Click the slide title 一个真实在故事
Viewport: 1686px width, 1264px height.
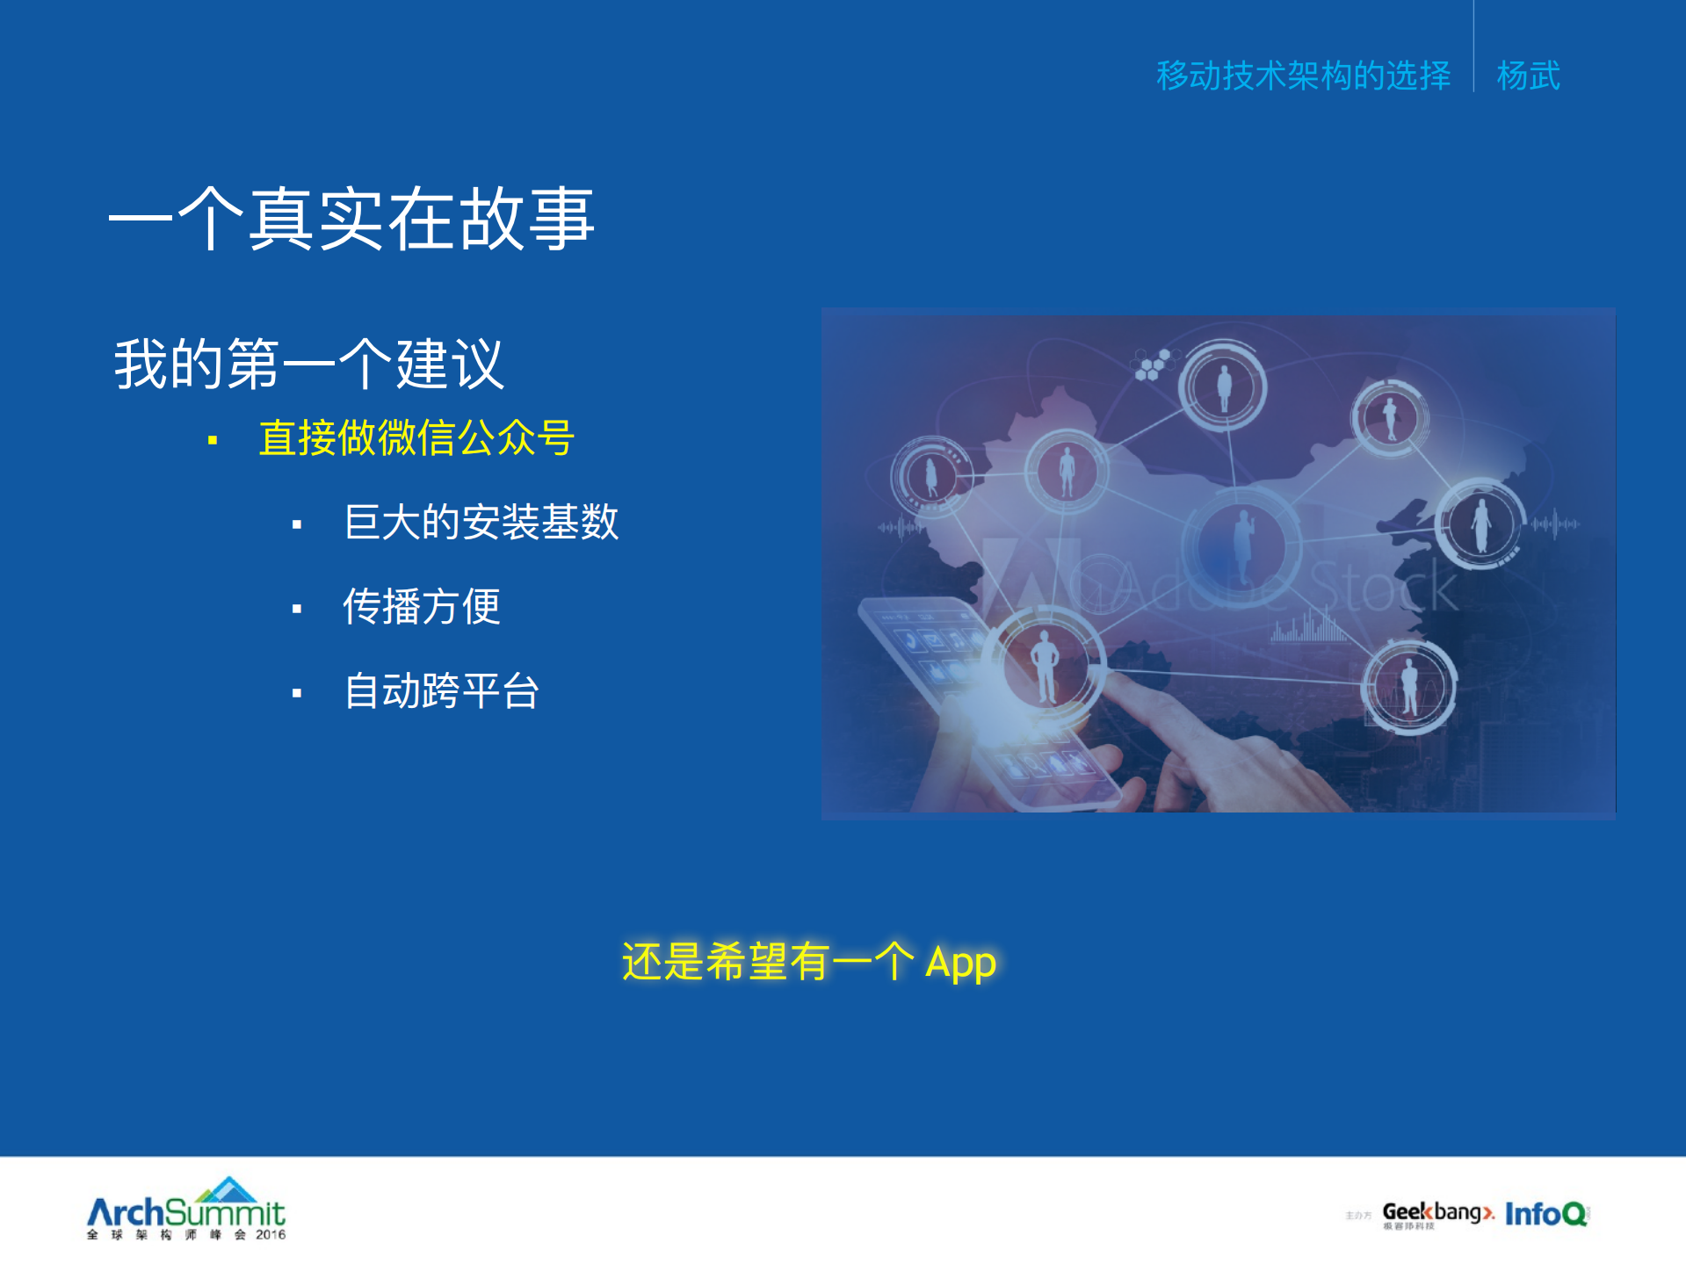point(351,220)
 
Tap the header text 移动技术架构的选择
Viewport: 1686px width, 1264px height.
point(1303,76)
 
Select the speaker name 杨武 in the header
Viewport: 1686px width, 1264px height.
point(1528,76)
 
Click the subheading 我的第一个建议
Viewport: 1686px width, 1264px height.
point(309,364)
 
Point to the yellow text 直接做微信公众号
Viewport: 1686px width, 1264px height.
point(416,437)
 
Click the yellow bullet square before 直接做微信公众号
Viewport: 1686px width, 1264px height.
point(213,440)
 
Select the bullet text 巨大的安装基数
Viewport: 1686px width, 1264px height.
point(481,522)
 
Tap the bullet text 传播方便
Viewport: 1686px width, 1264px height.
point(422,606)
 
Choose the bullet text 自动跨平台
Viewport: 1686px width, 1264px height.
point(441,690)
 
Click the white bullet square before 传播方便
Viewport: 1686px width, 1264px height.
point(297,609)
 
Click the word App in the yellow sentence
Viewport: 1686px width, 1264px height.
point(960,963)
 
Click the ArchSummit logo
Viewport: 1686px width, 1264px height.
point(186,1208)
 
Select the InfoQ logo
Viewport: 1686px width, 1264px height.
point(1546,1214)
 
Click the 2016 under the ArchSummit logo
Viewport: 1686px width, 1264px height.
point(271,1235)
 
